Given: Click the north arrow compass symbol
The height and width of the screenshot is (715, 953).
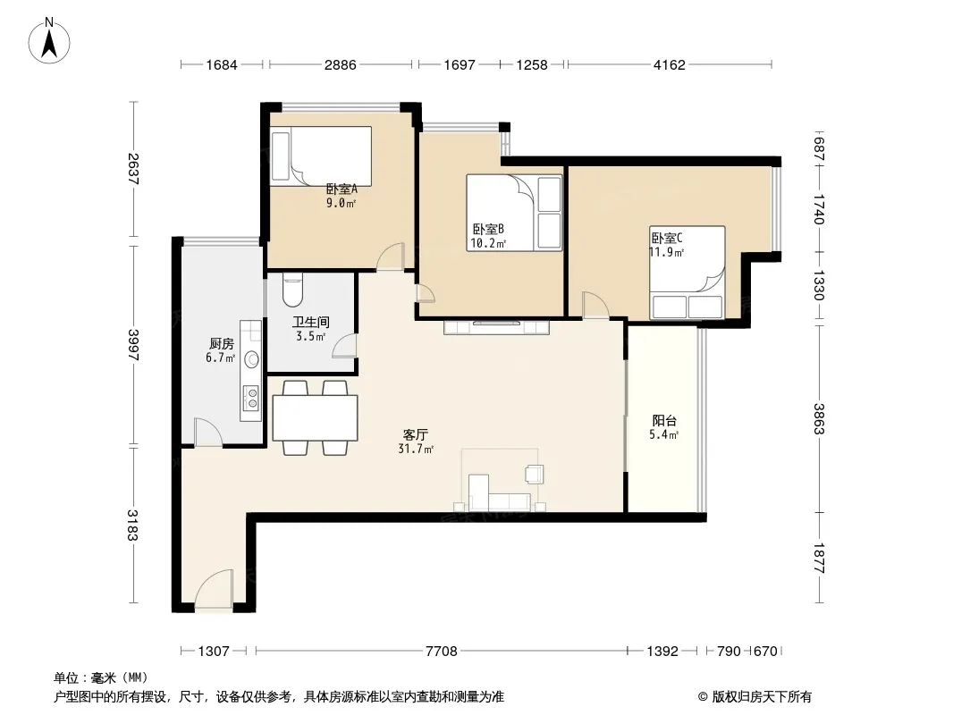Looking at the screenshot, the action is [49, 41].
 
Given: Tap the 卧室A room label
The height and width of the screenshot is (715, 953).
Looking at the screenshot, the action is [342, 189].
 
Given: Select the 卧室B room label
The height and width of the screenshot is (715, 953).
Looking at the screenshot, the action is [489, 229].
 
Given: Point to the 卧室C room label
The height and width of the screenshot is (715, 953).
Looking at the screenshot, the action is [667, 238].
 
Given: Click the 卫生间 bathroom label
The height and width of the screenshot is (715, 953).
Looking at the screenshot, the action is [310, 322].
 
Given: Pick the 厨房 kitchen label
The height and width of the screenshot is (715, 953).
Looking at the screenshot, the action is [221, 344].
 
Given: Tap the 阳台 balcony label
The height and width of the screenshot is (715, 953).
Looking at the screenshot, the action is [664, 420].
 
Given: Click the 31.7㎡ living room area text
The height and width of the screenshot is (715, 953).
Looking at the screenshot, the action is [416, 449].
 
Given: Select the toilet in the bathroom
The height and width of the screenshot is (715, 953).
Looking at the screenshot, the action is [292, 290].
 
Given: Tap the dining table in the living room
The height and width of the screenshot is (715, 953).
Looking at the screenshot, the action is [315, 418].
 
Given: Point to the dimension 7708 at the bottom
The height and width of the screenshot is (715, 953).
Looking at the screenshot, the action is [442, 652].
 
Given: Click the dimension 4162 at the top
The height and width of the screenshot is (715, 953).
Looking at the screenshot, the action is [670, 64].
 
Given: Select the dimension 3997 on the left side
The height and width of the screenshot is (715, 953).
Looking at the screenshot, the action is [133, 345].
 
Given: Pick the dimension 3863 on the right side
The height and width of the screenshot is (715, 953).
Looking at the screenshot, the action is [819, 418].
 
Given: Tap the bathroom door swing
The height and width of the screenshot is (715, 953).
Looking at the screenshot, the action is [344, 345].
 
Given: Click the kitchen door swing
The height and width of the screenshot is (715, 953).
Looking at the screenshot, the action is [208, 432].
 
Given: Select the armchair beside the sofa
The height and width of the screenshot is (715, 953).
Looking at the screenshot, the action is [535, 473].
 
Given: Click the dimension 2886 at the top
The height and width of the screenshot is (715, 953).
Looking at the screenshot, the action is [341, 64].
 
